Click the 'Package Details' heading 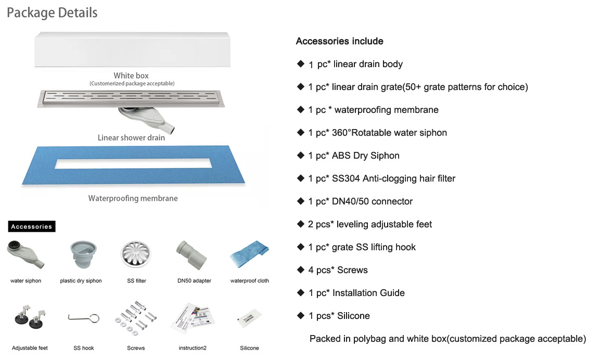(52, 12)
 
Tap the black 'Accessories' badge (32, 226)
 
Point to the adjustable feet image (29, 318)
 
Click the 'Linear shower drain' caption (131, 138)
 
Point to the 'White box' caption (131, 76)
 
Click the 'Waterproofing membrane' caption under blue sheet (133, 198)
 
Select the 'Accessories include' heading (339, 41)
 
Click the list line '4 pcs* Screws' (338, 270)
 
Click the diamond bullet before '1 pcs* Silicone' (300, 315)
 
